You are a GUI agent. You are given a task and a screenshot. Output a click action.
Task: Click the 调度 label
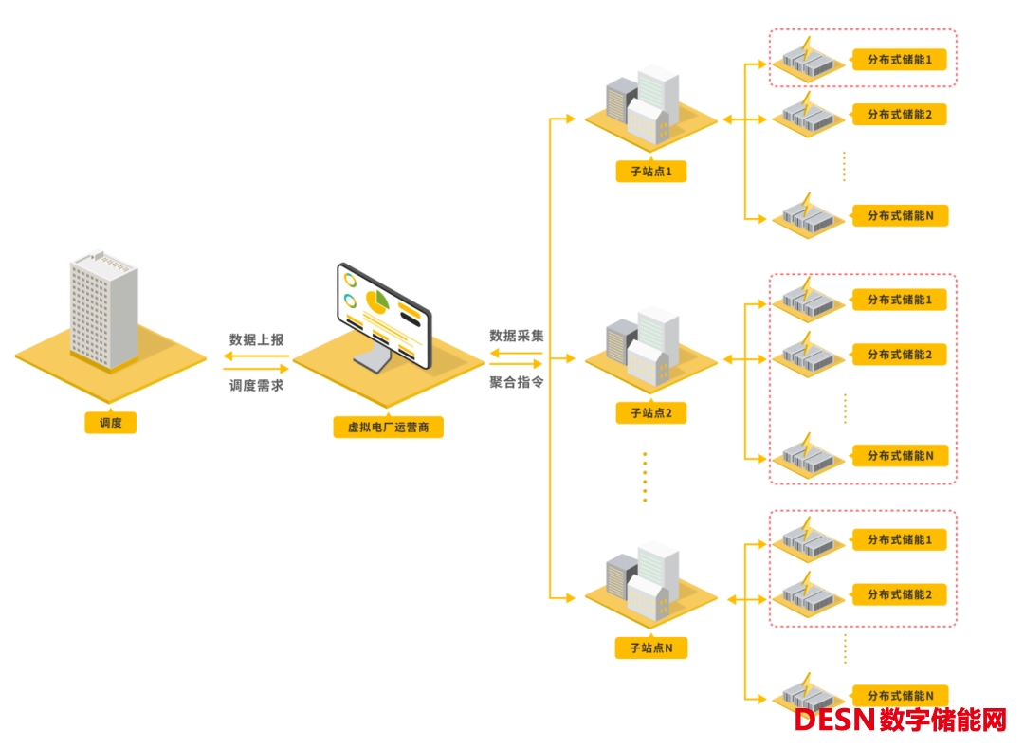click(110, 423)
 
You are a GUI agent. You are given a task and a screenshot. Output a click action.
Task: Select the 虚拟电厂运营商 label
click(388, 427)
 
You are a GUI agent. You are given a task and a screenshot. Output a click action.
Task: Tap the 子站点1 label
click(649, 172)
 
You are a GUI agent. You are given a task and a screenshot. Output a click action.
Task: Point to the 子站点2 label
click(649, 413)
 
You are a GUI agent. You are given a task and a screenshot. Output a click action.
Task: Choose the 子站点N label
click(649, 648)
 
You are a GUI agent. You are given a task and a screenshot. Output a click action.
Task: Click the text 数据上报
click(256, 339)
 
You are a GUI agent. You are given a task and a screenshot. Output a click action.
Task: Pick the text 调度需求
click(256, 385)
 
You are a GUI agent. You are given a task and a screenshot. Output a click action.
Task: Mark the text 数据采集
click(517, 336)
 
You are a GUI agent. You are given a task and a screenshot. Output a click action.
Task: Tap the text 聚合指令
click(517, 382)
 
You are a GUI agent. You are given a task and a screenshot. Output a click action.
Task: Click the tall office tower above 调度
click(103, 308)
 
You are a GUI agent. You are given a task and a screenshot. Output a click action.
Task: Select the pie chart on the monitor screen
click(377, 303)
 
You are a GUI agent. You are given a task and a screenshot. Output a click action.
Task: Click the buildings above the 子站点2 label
click(645, 346)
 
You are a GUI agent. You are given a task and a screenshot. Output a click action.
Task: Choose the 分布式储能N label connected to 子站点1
click(900, 216)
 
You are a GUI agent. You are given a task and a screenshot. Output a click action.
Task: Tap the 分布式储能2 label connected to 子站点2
click(900, 355)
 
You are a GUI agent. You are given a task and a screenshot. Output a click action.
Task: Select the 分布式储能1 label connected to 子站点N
click(900, 539)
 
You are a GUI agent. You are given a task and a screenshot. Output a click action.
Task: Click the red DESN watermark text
click(833, 721)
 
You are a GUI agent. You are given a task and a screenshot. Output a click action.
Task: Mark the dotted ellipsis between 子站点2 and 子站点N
click(645, 477)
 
